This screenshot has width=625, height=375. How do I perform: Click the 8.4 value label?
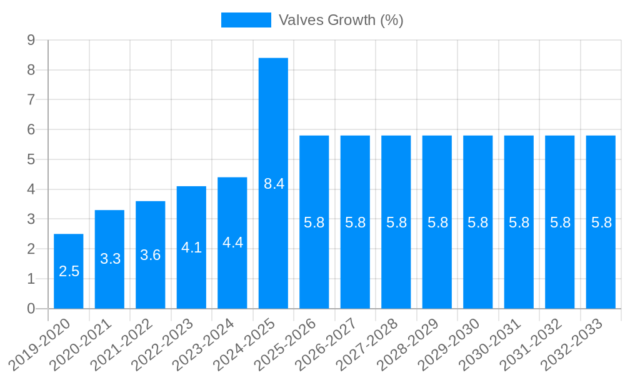tap(274, 184)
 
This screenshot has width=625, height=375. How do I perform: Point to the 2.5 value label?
tap(69, 271)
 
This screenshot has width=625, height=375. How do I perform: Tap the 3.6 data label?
tap(151, 255)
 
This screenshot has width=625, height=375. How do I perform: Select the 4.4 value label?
tap(233, 243)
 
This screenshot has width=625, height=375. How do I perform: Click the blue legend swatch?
tap(246, 20)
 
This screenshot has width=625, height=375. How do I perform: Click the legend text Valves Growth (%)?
tap(341, 20)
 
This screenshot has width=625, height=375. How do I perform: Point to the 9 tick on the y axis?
tap(31, 41)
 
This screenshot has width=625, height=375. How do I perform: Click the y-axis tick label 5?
tap(31, 159)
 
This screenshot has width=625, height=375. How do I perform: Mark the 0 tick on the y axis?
tap(31, 309)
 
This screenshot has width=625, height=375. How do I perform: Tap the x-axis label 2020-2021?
tap(82, 344)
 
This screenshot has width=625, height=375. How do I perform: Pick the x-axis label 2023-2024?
tap(204, 344)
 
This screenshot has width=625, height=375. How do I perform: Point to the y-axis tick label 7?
tap(31, 100)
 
